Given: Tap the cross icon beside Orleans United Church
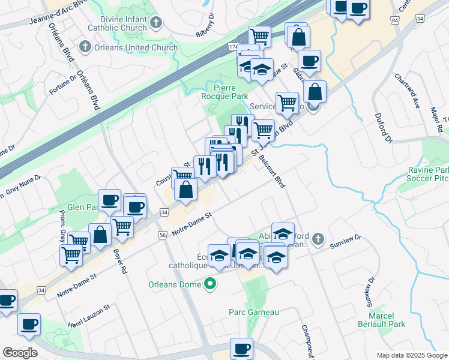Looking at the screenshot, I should (84, 47).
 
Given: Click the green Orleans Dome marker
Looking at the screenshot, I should (210, 284).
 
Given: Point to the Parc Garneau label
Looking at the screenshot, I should (254, 312).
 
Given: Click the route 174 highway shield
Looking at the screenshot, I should (233, 46).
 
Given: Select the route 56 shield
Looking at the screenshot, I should (162, 236).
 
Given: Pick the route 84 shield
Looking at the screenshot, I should (394, 20).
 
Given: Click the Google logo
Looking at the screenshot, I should (21, 352).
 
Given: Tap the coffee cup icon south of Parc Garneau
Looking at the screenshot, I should (242, 347).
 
